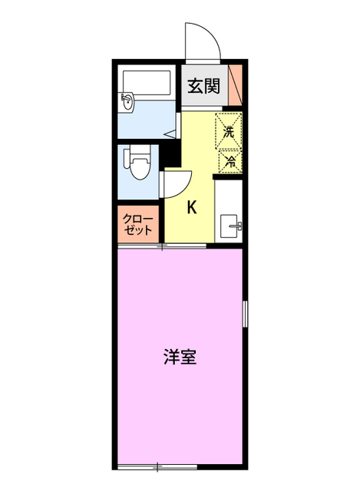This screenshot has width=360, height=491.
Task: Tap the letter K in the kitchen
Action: (x=193, y=206)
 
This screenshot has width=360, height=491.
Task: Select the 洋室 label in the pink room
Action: (x=180, y=358)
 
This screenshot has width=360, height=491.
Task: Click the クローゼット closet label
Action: (x=139, y=224)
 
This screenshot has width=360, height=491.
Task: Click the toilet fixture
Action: (x=138, y=163)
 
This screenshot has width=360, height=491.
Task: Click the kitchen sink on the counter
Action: (x=230, y=226)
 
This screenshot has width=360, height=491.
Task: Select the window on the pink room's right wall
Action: (x=245, y=315)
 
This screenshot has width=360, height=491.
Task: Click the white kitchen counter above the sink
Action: (x=230, y=195)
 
